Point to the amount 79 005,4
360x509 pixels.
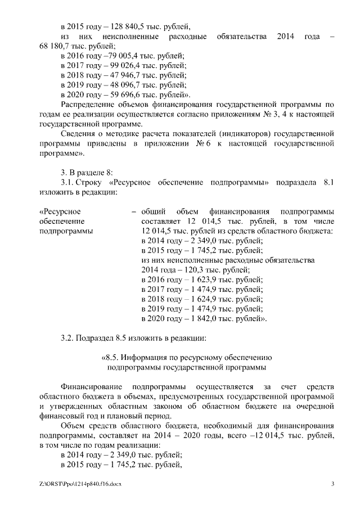tap(117, 56)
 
